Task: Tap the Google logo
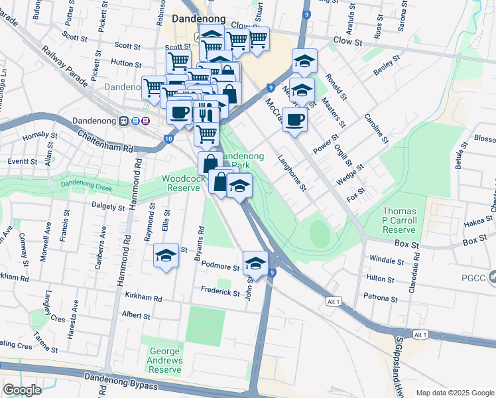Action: pyautogui.click(x=22, y=390)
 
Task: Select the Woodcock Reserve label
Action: pyautogui.click(x=182, y=183)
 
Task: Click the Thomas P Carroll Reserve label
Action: pyautogui.click(x=399, y=220)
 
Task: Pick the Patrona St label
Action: pyautogui.click(x=381, y=298)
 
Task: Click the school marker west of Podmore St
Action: pyautogui.click(x=166, y=256)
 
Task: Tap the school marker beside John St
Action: pyautogui.click(x=255, y=263)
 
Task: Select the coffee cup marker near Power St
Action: pyautogui.click(x=294, y=121)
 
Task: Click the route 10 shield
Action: pyautogui.click(x=168, y=138)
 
